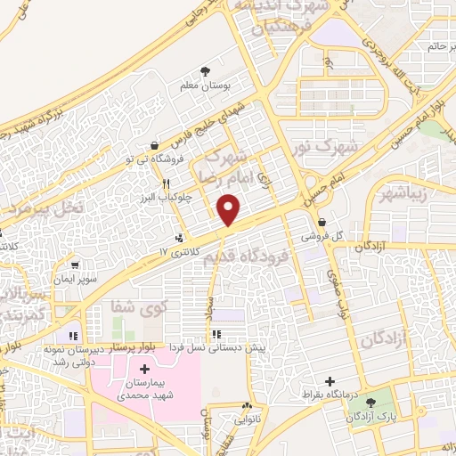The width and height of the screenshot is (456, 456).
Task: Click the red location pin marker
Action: point(229,210)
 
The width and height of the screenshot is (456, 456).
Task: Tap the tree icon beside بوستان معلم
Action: point(206,70)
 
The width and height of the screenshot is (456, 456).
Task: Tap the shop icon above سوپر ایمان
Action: point(74,265)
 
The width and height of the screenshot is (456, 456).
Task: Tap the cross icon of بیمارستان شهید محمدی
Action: point(145,368)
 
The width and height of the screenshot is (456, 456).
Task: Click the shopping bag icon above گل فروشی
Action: point(322,223)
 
